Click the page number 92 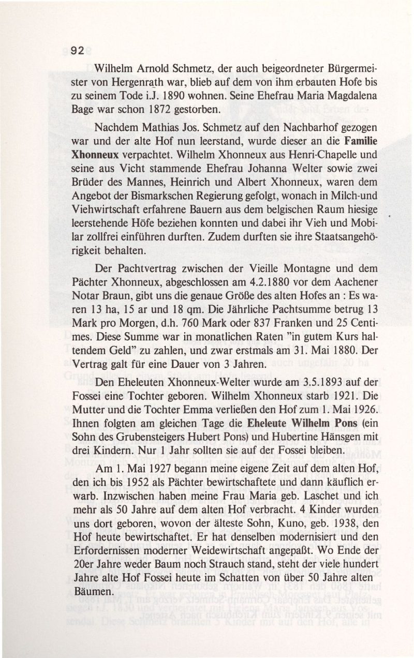point(78,50)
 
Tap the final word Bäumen point(92,592)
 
